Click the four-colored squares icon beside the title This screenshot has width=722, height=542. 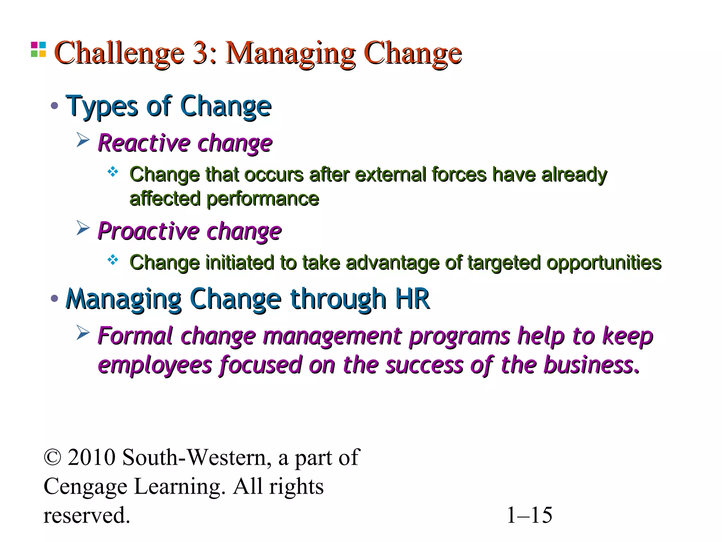(x=38, y=49)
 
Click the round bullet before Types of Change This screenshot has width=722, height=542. (x=54, y=106)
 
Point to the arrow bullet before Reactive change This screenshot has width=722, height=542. (x=83, y=140)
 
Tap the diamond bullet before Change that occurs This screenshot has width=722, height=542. (x=113, y=172)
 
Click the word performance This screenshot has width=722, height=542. (x=263, y=199)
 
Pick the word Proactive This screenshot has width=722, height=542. (x=148, y=231)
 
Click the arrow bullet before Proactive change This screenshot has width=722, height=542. (x=83, y=228)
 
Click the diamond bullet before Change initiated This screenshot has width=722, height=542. (x=113, y=260)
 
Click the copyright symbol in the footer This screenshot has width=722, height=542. (x=53, y=458)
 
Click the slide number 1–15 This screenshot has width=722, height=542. (x=529, y=516)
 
